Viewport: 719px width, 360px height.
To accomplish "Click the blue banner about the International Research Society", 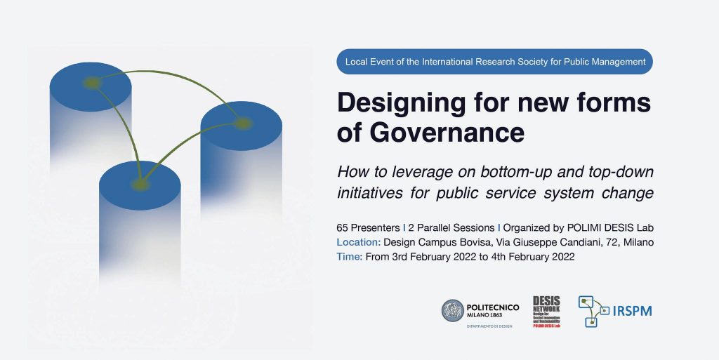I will [495, 62].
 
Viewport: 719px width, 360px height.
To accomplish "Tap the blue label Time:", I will [350, 257].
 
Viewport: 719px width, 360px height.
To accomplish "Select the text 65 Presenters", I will [368, 228].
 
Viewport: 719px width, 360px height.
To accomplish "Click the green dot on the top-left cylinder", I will [91, 83].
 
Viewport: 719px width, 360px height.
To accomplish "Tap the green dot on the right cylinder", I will [242, 124].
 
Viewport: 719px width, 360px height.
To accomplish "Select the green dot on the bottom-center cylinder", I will [140, 185].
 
